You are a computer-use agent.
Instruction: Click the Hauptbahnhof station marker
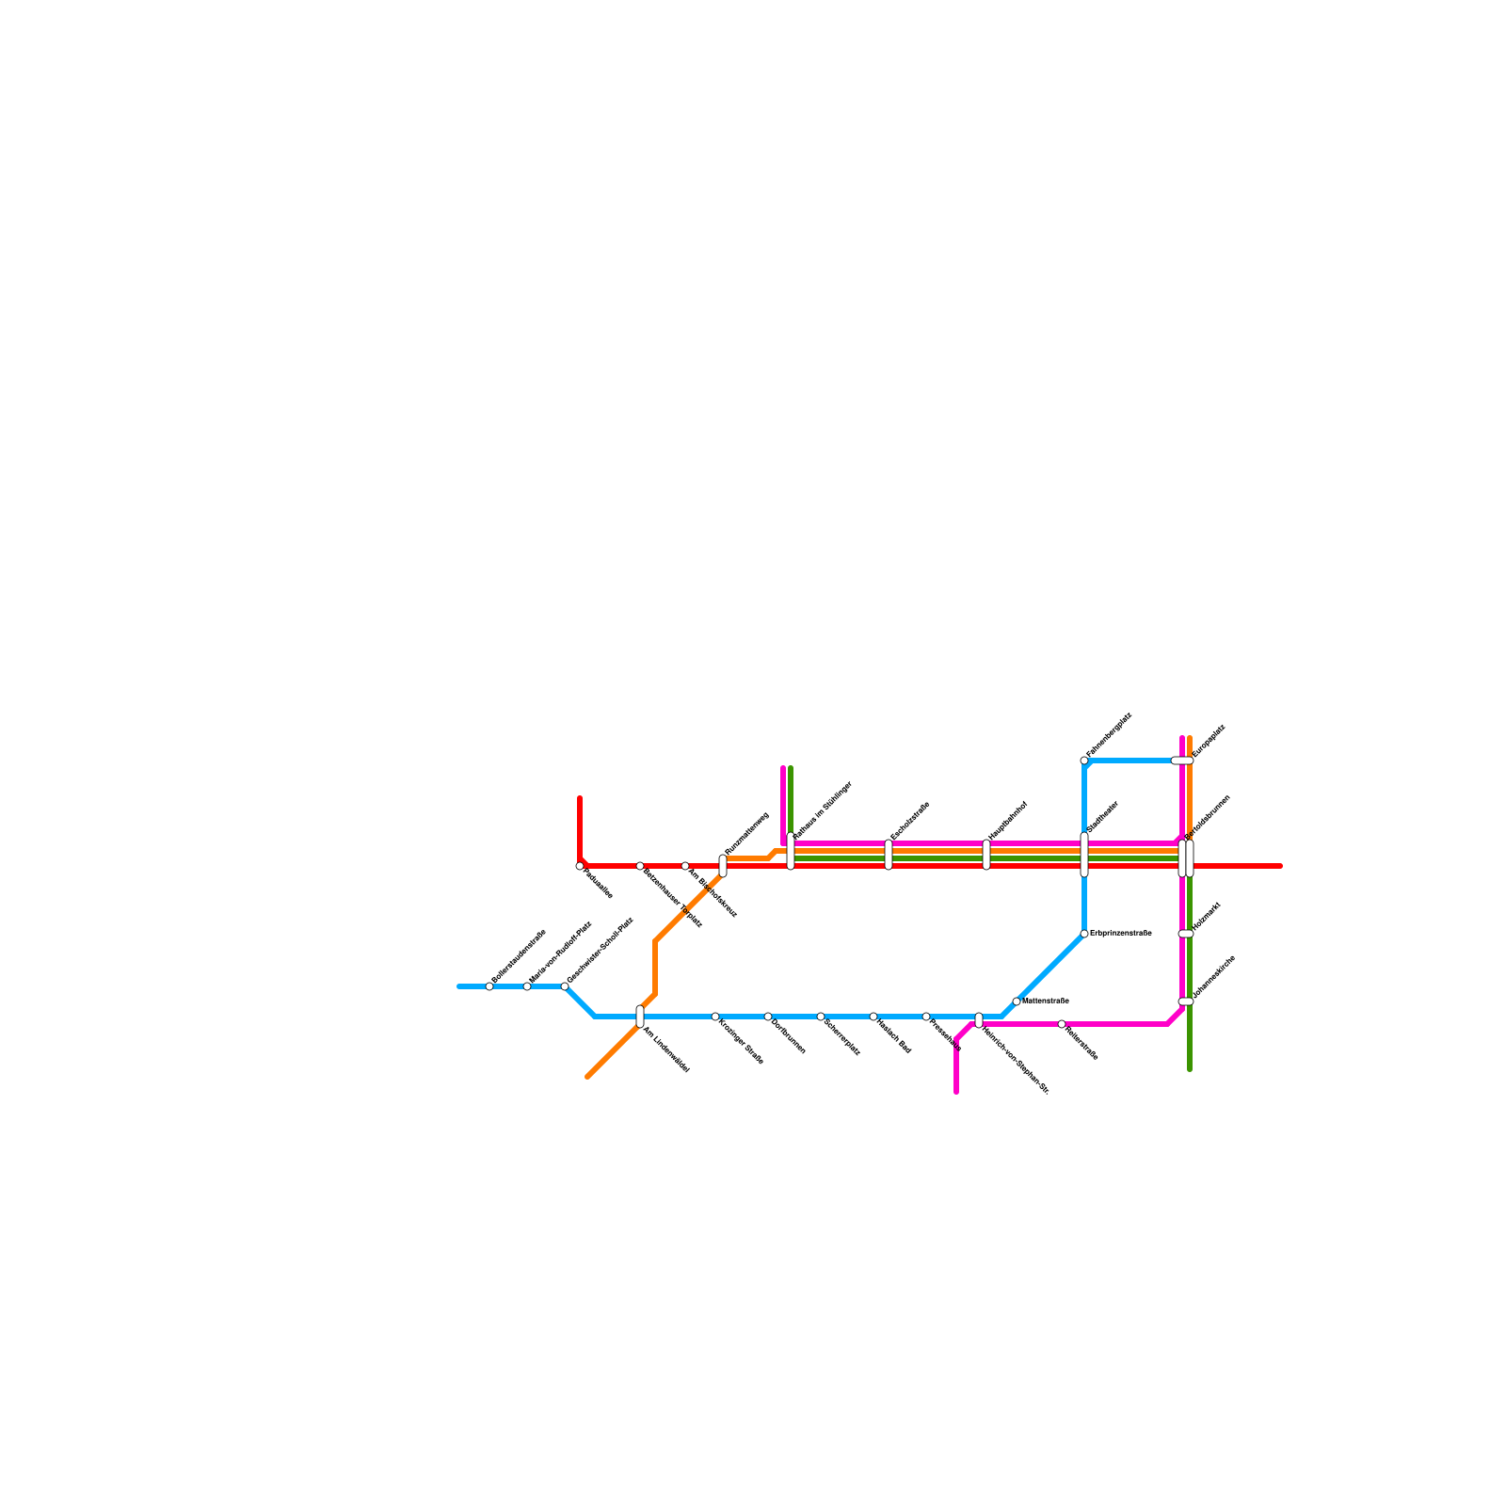tap(986, 855)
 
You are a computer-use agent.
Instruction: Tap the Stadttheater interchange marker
tap(1084, 855)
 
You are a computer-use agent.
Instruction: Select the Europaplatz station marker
tap(1182, 761)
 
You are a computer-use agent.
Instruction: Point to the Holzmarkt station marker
tap(1186, 934)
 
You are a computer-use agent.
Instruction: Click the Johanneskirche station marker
tap(1186, 1001)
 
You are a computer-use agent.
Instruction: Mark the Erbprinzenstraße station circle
tap(1084, 934)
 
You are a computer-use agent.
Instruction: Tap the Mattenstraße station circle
tap(1017, 1001)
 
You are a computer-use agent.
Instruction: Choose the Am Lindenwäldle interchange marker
tap(640, 1017)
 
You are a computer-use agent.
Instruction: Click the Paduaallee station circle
tap(580, 866)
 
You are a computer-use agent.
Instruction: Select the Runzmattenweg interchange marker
tap(723, 866)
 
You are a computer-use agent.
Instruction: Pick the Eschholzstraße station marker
tap(889, 855)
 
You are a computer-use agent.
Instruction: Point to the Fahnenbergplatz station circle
tap(1084, 761)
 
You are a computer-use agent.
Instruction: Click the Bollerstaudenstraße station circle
tap(489, 986)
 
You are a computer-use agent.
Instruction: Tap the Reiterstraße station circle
tap(1062, 1024)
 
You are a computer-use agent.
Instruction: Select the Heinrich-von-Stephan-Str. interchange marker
tap(979, 1020)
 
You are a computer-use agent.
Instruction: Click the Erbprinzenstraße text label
tap(1121, 934)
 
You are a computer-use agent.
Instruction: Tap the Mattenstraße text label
tap(1046, 1001)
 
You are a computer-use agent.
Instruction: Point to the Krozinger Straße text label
tap(741, 1043)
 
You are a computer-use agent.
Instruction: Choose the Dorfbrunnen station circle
tap(768, 1017)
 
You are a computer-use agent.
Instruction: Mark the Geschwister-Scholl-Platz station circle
tap(565, 986)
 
